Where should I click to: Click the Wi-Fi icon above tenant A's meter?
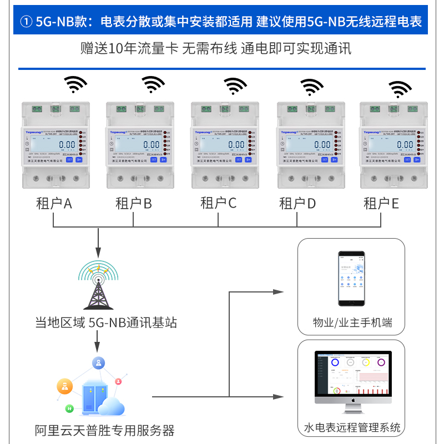(x=76, y=84)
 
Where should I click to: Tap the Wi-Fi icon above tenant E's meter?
(x=400, y=89)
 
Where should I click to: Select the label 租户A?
(x=54, y=204)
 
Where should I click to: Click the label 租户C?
(x=218, y=203)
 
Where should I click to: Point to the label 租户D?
(x=297, y=204)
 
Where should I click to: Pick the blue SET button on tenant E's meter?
(x=407, y=159)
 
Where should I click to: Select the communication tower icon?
(x=99, y=285)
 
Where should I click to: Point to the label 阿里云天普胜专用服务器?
(x=104, y=430)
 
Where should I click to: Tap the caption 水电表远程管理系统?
(x=352, y=427)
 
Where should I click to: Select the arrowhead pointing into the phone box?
(x=280, y=292)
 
